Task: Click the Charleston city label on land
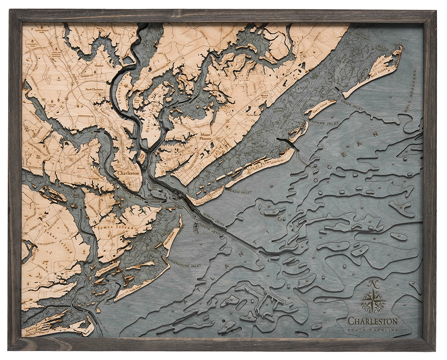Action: pyautogui.click(x=128, y=173)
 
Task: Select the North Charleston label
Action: pyautogui.click(x=98, y=89)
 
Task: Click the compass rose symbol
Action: pyautogui.click(x=372, y=298)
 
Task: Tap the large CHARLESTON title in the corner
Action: pyautogui.click(x=372, y=321)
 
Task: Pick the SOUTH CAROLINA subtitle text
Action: pyautogui.click(x=373, y=330)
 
